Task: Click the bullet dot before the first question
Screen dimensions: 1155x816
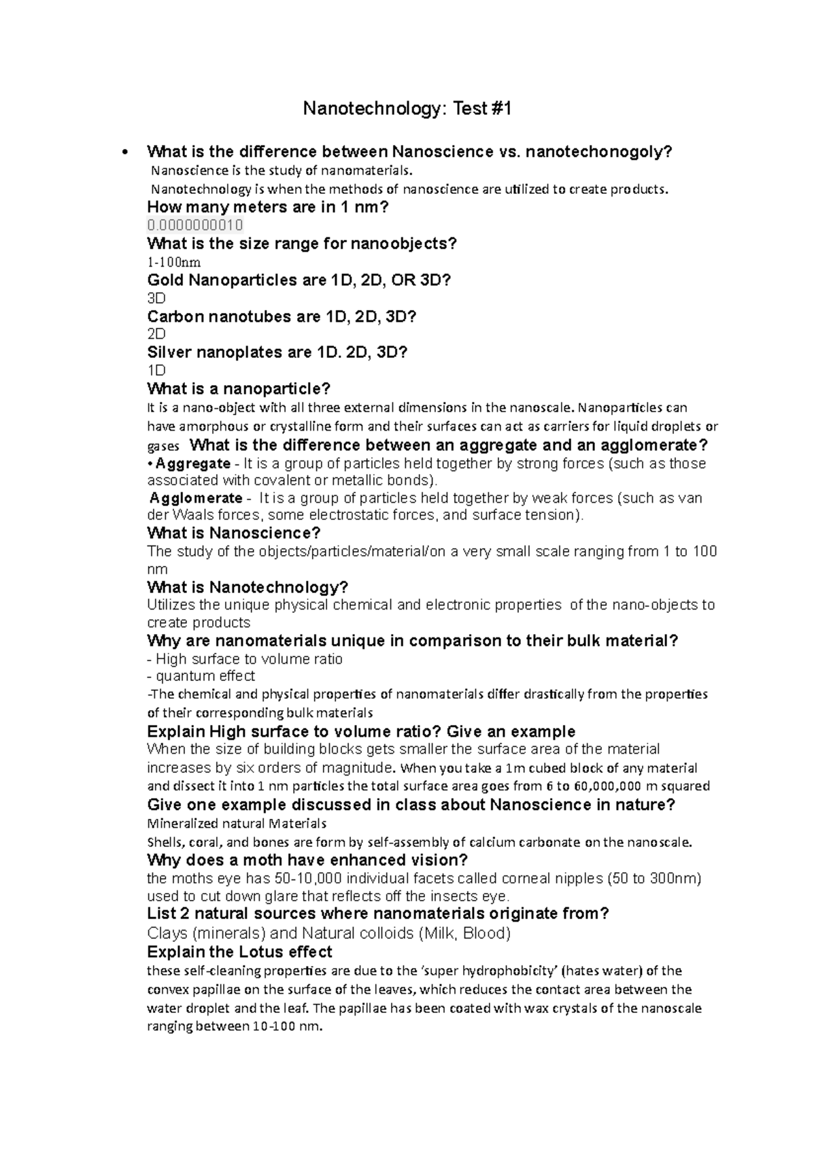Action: pyautogui.click(x=123, y=152)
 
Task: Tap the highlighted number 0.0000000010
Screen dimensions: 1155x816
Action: pyautogui.click(x=195, y=225)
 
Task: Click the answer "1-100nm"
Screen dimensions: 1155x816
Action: pyautogui.click(x=174, y=262)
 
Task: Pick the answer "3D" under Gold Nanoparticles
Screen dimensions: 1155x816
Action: pyautogui.click(x=156, y=298)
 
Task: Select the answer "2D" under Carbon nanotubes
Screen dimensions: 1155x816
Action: pyautogui.click(x=156, y=334)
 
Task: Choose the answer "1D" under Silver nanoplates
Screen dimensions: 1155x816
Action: pyautogui.click(x=156, y=370)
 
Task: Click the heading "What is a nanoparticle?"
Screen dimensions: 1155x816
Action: pyautogui.click(x=239, y=389)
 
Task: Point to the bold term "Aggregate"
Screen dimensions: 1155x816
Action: pyautogui.click(x=192, y=464)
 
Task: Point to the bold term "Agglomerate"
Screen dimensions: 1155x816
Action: pyautogui.click(x=196, y=498)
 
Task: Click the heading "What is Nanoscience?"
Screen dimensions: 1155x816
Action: pyautogui.click(x=234, y=533)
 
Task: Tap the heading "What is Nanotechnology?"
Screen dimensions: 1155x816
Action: pyautogui.click(x=248, y=587)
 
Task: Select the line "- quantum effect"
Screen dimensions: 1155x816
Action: pyautogui.click(x=201, y=676)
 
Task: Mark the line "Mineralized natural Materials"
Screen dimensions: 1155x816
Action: pyautogui.click(x=237, y=824)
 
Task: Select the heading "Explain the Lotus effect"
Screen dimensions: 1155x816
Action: pyautogui.click(x=239, y=952)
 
